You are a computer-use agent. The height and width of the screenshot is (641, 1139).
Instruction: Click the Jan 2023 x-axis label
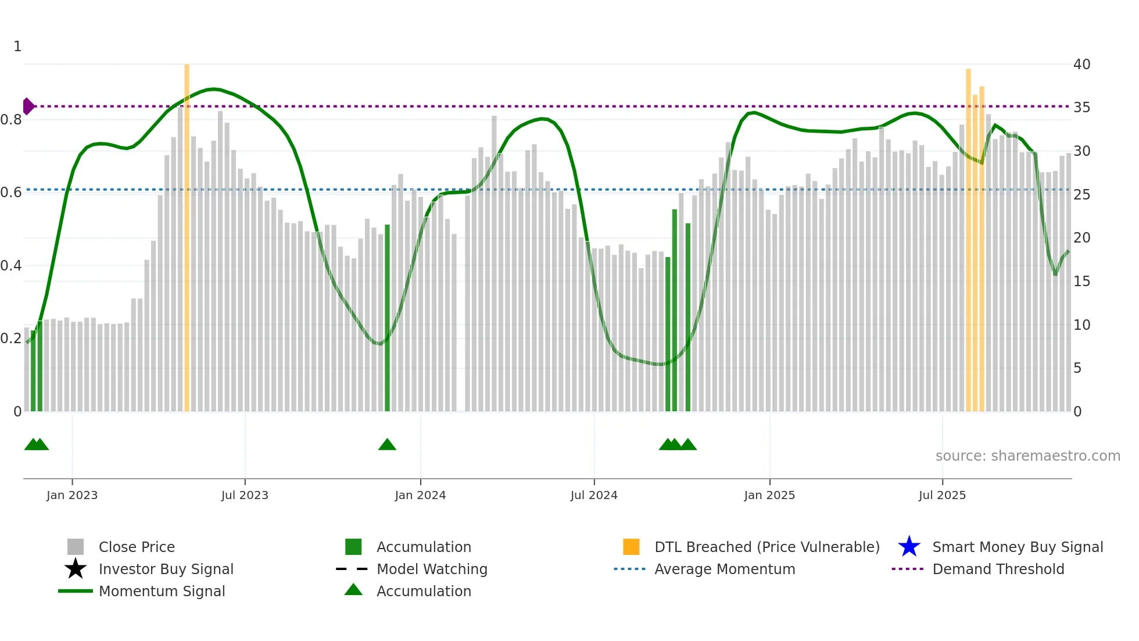[72, 495]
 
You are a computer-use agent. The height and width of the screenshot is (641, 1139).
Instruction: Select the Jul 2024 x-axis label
[594, 495]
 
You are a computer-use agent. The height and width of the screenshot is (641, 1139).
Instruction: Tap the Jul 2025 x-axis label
[942, 495]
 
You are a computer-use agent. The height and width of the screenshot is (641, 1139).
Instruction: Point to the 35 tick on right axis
[1081, 108]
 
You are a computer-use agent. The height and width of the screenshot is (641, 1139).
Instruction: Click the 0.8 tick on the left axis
[11, 120]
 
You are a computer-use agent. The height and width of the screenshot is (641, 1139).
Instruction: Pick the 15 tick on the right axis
[1081, 282]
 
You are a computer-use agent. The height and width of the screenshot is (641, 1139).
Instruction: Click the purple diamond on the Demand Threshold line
[28, 106]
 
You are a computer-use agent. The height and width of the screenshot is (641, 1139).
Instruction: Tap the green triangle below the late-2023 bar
[387, 445]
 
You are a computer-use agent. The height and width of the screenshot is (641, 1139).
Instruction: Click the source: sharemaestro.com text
[1027, 456]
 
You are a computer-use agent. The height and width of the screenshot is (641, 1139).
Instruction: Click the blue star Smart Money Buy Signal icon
[909, 547]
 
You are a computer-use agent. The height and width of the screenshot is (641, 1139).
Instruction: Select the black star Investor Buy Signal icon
[76, 569]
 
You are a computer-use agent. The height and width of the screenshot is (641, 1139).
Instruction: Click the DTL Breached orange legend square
[631, 547]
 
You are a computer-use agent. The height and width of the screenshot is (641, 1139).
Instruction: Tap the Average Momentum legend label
[725, 569]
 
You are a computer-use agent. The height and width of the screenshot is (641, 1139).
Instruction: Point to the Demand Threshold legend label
[998, 569]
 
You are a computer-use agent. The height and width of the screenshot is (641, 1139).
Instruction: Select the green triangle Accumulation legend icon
[353, 590]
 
